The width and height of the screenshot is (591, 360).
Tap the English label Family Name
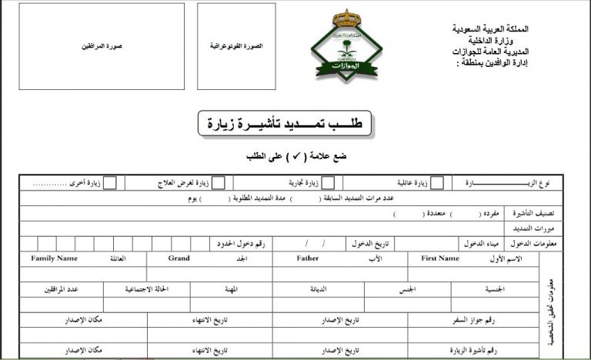[54, 258]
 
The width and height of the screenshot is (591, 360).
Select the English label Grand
[179, 258]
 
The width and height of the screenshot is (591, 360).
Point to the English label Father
[307, 258]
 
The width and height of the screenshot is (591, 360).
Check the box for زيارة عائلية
[437, 183]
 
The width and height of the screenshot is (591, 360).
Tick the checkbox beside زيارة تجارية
[328, 183]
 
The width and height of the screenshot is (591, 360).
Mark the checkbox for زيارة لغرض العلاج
[219, 183]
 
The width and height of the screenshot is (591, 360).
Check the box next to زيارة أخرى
[111, 183]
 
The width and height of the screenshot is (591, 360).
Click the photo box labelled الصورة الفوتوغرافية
[236, 46]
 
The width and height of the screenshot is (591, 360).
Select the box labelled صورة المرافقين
[102, 46]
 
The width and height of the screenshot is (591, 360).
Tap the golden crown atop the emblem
[335, 18]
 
